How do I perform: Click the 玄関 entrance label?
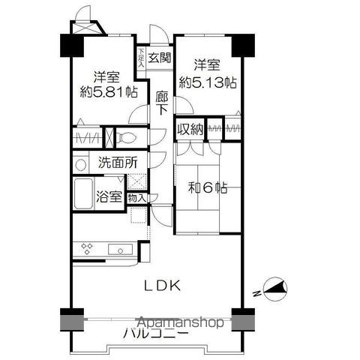coord(158,57)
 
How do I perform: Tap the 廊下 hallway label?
coord(162,102)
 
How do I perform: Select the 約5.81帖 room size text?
coord(109,92)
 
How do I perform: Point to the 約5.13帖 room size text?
coord(206,82)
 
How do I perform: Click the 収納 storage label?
coord(190,129)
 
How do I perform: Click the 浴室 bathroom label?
coord(109,197)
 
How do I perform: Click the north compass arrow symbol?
coord(273,288)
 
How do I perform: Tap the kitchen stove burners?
coord(86,248)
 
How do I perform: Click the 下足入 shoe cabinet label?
coord(140,58)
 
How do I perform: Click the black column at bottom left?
coord(69,318)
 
